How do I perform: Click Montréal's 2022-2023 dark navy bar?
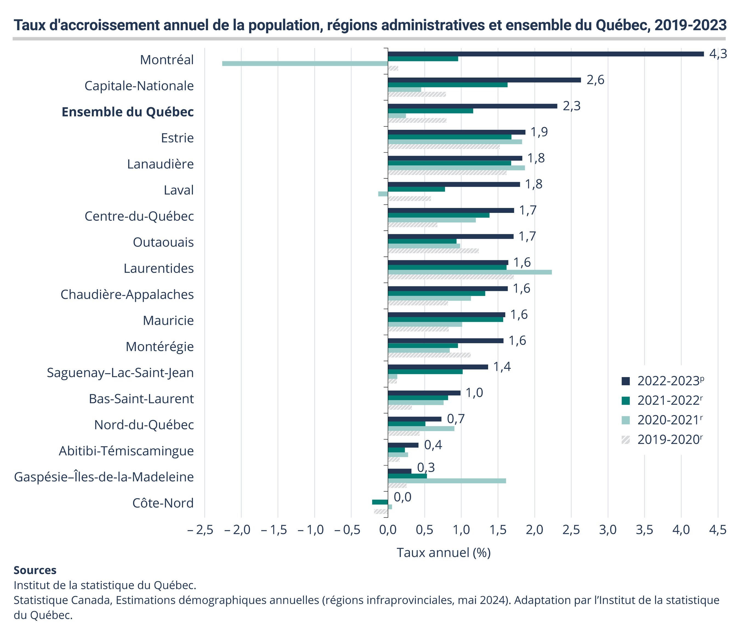pyautogui.click(x=545, y=54)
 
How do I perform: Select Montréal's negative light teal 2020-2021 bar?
pyautogui.click(x=305, y=64)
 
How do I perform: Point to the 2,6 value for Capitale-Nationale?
pyautogui.click(x=595, y=80)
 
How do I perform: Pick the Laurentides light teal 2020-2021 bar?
pyautogui.click(x=470, y=272)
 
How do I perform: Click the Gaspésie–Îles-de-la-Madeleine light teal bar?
pyautogui.click(x=447, y=481)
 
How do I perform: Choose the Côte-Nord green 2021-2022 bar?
pyautogui.click(x=380, y=502)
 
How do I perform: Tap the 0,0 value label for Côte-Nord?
pyautogui.click(x=403, y=497)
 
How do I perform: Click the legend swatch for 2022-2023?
pyautogui.click(x=626, y=381)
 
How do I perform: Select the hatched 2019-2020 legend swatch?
pyautogui.click(x=626, y=439)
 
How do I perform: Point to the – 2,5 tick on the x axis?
pyautogui.click(x=200, y=530)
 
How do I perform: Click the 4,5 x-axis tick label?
pyautogui.click(x=718, y=530)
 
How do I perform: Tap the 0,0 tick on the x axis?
pyautogui.click(x=388, y=530)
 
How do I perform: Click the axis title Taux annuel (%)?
pyautogui.click(x=443, y=553)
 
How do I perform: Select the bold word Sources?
pyautogui.click(x=35, y=570)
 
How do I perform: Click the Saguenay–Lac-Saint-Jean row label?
pyautogui.click(x=120, y=373)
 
